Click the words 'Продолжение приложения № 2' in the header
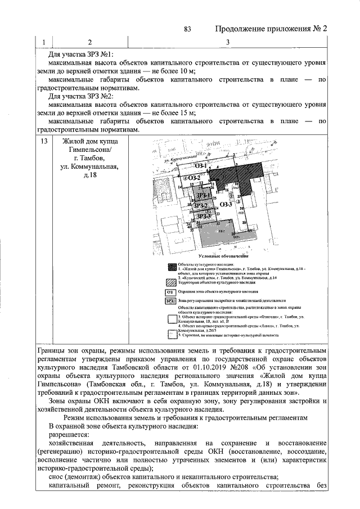pyautogui.click(x=269, y=29)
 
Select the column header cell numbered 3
pyautogui.click(x=227, y=42)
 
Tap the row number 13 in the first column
pyautogui.click(x=43, y=142)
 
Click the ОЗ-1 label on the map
pyautogui.click(x=202, y=166)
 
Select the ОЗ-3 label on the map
pyautogui.click(x=226, y=205)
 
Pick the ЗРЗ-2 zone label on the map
pyautogui.click(x=201, y=206)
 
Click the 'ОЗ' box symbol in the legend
pyautogui.click(x=170, y=292)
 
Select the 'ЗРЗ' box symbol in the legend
pyautogui.click(x=170, y=301)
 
